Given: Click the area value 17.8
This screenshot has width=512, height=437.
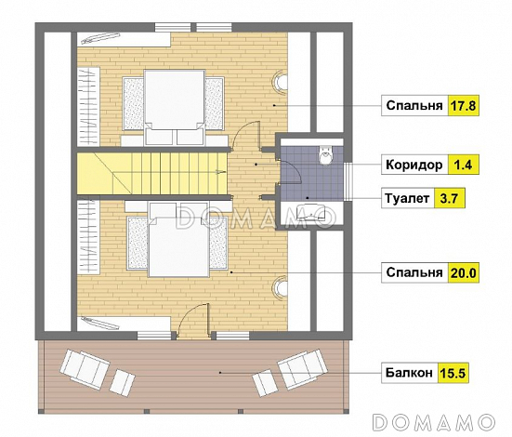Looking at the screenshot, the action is click(x=463, y=106).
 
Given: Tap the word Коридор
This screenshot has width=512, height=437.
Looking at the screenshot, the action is click(x=414, y=165).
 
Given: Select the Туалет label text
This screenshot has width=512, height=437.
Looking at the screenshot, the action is click(x=407, y=198).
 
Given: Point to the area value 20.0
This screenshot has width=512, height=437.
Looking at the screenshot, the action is click(x=464, y=272).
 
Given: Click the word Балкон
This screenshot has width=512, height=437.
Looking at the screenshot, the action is click(x=409, y=373).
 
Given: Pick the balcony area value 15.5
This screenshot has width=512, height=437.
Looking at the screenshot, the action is click(x=453, y=373).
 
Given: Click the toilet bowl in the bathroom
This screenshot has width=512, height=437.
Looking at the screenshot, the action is click(x=325, y=155).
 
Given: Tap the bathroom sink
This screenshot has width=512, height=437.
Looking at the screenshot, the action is click(x=310, y=212).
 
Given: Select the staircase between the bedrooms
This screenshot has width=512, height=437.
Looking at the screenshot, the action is click(x=152, y=173).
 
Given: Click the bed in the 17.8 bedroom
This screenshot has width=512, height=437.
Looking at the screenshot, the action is click(x=175, y=107).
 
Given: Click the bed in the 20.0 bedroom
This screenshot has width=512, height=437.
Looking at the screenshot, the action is click(x=179, y=239).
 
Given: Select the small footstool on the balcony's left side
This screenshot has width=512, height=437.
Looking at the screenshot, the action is click(x=122, y=381).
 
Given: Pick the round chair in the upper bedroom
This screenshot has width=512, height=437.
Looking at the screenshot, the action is click(x=281, y=82).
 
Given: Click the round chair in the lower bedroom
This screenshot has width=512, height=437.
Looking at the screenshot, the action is click(x=281, y=287).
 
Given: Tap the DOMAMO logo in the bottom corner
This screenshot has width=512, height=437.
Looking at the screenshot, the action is click(x=433, y=423).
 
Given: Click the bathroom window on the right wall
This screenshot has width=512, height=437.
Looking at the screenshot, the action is click(x=348, y=181).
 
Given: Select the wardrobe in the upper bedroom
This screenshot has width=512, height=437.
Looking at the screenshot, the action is click(x=88, y=107).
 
